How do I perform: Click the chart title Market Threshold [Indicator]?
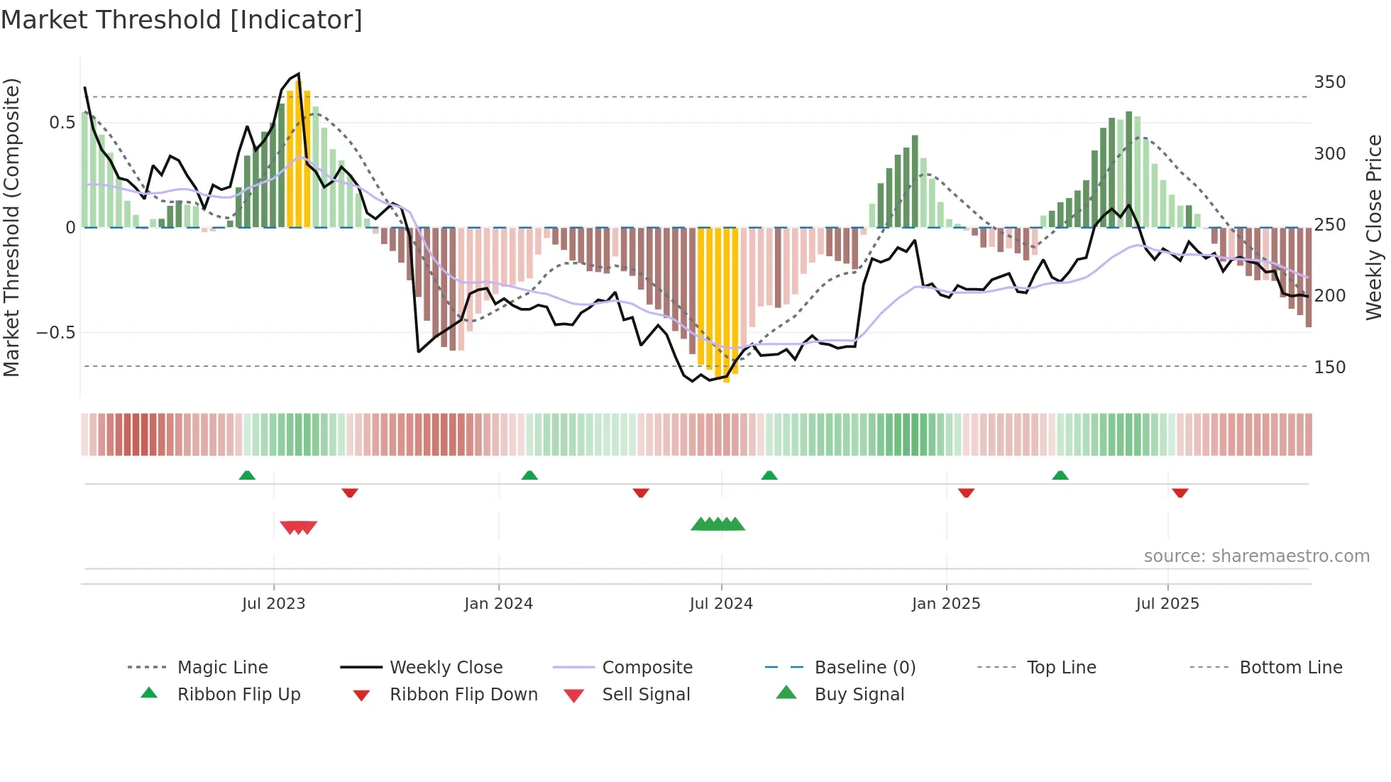point(182,20)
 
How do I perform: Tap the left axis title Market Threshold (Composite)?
point(11,227)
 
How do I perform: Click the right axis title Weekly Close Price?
point(1374,227)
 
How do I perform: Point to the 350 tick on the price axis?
point(1329,82)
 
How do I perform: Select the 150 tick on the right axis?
point(1329,368)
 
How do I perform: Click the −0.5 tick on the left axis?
point(55,333)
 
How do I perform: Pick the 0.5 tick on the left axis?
point(62,123)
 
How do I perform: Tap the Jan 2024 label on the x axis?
point(498,604)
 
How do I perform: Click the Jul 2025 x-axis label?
point(1167,604)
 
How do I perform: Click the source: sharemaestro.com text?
point(1256,556)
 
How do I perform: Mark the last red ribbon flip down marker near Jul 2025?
point(1180,492)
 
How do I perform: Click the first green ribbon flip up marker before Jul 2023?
point(247,475)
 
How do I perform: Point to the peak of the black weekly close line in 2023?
point(299,74)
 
